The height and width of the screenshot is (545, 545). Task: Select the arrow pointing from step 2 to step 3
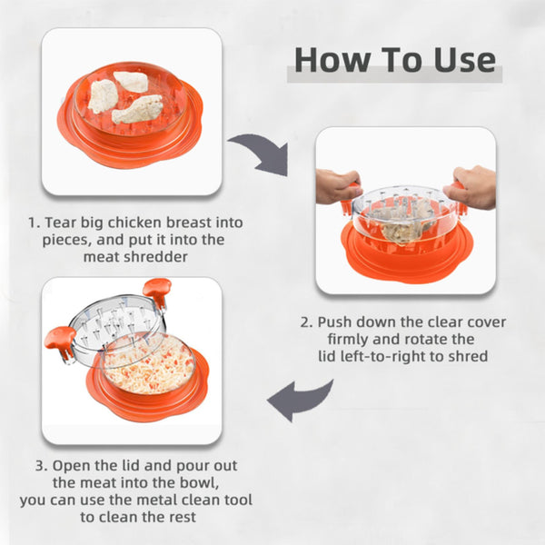(299, 400)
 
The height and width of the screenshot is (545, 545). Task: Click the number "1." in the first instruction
(35, 223)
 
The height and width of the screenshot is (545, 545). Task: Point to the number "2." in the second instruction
(307, 322)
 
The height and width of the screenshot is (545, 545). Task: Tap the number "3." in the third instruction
(42, 465)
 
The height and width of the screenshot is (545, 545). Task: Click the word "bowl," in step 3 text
(199, 483)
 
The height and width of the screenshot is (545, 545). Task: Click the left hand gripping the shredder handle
(337, 185)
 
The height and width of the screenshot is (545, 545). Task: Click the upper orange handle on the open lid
(157, 289)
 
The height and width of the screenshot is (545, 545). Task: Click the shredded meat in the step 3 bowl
(150, 367)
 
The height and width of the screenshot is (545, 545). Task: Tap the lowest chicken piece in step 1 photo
(137, 109)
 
